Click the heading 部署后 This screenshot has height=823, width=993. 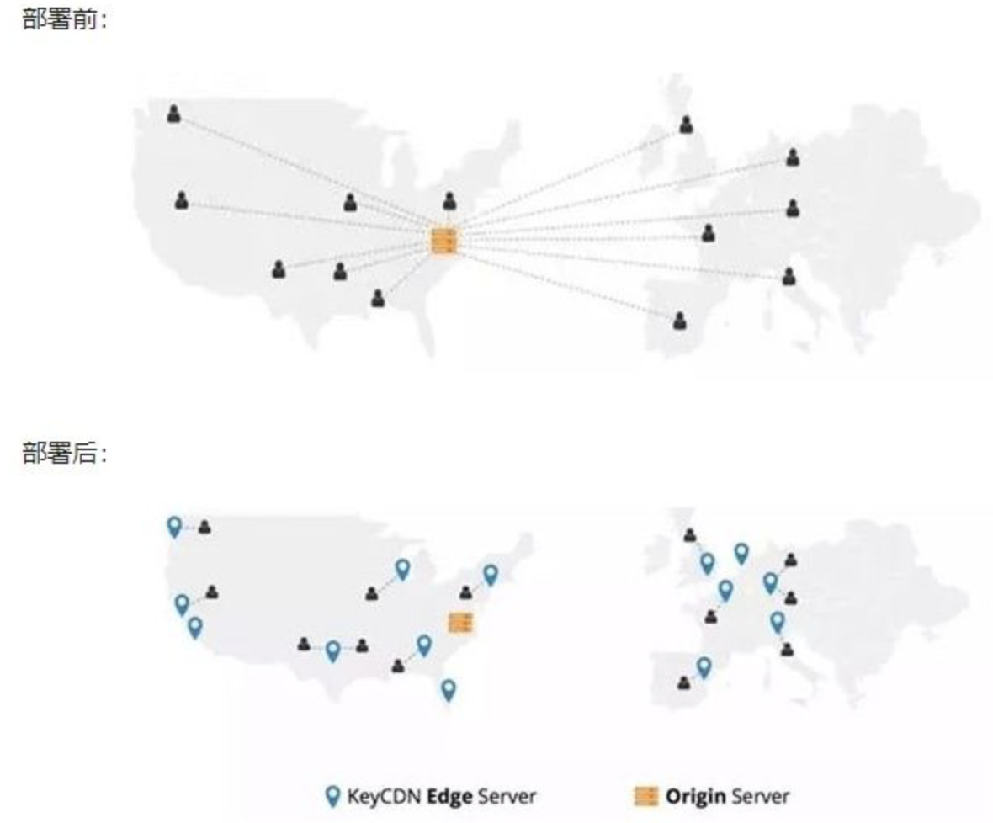tap(63, 454)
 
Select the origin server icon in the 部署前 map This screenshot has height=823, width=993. tap(443, 242)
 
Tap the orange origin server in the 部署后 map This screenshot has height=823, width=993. tap(460, 623)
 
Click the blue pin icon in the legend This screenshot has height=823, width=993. tap(334, 796)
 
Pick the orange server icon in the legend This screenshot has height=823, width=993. tap(645, 796)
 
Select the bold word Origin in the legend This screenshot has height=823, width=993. tap(696, 796)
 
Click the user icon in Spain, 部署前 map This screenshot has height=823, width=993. tap(680, 321)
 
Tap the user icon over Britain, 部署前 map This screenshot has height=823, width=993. tap(687, 125)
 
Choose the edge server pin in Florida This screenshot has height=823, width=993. tap(449, 689)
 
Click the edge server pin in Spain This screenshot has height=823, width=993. tap(704, 667)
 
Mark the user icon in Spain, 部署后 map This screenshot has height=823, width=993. tap(683, 682)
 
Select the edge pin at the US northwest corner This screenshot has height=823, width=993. tap(174, 526)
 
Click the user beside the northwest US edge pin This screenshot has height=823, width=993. tap(204, 528)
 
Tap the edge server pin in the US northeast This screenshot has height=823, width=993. tap(490, 575)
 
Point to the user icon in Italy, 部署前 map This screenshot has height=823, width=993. tap(789, 276)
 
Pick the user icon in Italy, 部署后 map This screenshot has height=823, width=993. tap(787, 649)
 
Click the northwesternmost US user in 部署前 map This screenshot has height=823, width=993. tap(173, 113)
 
